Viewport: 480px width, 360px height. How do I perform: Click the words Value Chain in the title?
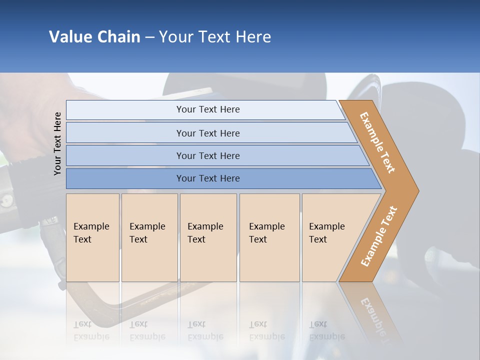pyautogui.click(x=94, y=37)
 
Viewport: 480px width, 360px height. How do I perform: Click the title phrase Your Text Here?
pyautogui.click(x=215, y=37)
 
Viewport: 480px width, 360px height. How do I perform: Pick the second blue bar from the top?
pyautogui.click(x=208, y=133)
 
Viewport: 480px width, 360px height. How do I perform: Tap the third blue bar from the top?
pyautogui.click(x=208, y=155)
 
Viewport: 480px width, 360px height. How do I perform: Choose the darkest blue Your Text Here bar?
pyautogui.click(x=208, y=178)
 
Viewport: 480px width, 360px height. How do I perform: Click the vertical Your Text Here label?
pyautogui.click(x=57, y=143)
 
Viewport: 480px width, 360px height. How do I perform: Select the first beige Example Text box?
pyautogui.click(x=92, y=237)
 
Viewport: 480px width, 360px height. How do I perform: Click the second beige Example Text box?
pyautogui.click(x=149, y=237)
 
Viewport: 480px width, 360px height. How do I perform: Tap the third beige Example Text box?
pyautogui.click(x=208, y=237)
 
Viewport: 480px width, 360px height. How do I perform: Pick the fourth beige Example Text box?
pyautogui.click(x=269, y=237)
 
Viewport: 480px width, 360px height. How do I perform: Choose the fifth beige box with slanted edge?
pyautogui.click(x=330, y=237)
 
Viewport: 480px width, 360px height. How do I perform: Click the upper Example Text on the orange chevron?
pyautogui.click(x=377, y=142)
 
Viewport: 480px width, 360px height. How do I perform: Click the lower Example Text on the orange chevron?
pyautogui.click(x=379, y=236)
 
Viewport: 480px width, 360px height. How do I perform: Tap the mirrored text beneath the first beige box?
pyautogui.click(x=91, y=331)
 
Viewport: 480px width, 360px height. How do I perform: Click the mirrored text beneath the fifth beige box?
pyautogui.click(x=326, y=331)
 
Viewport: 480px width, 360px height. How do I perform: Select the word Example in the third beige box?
pyautogui.click(x=205, y=226)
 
